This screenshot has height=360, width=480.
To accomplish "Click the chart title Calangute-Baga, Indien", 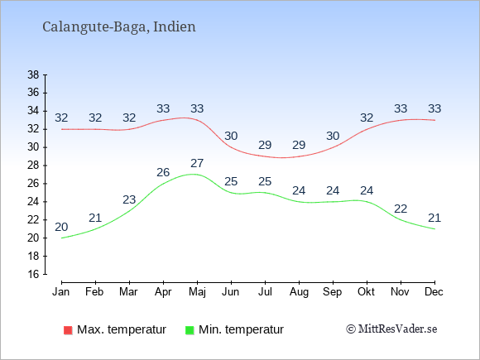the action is coord(119,27).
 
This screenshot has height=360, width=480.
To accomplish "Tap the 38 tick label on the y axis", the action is coord(33,74).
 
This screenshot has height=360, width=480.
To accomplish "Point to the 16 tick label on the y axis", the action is coord(33,274).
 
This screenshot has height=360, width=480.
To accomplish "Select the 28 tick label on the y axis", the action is coord(33,166).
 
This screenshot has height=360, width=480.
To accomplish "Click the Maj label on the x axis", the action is coord(197,292).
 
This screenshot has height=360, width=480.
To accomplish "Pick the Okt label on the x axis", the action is coord(366,292).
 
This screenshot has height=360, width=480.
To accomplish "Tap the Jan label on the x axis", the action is coord(61,292).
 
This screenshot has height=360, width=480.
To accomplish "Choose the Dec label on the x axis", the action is coord(434,292).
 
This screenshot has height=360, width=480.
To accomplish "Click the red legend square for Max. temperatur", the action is coord(68,330).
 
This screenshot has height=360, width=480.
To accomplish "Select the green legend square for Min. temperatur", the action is coord(190,330).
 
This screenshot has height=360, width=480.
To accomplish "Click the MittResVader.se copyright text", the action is coord(391,329).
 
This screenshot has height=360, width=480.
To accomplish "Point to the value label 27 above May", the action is coord(197,164).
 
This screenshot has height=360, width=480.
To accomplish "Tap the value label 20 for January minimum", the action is coord(61,227).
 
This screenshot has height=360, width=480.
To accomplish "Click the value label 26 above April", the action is coord(163,173).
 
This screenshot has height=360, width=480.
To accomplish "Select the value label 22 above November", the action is coord(401,209).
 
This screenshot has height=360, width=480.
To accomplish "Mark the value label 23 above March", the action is coord(129,200).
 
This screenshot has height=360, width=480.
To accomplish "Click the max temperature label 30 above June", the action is coord(231,136).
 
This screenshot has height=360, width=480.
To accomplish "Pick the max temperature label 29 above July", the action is coord(265,145).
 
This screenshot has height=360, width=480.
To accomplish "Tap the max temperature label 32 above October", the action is coord(367,118).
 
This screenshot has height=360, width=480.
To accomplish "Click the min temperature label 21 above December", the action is coord(434,218).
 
